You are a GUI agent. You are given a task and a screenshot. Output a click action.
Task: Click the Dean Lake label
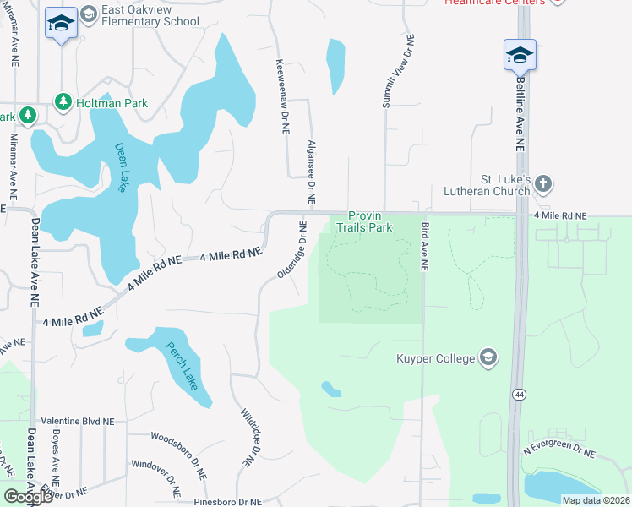(x=121, y=166)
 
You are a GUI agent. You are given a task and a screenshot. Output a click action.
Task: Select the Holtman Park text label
(x=112, y=103)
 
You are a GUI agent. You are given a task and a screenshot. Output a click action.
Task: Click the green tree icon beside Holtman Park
(x=63, y=102)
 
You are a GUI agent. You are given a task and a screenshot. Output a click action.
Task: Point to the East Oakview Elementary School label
(x=150, y=15)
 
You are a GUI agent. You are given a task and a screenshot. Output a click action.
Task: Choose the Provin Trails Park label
(x=364, y=221)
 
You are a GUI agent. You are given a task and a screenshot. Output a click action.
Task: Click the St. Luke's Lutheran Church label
(x=504, y=185)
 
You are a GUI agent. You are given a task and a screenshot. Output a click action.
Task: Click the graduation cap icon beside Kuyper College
(x=488, y=358)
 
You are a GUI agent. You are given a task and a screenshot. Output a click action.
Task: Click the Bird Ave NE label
(x=425, y=246)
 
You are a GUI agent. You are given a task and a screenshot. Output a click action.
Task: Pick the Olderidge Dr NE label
(x=292, y=249)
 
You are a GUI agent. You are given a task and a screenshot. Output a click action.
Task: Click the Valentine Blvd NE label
(x=77, y=420)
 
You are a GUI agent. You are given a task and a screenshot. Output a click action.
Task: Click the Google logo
(x=28, y=496)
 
